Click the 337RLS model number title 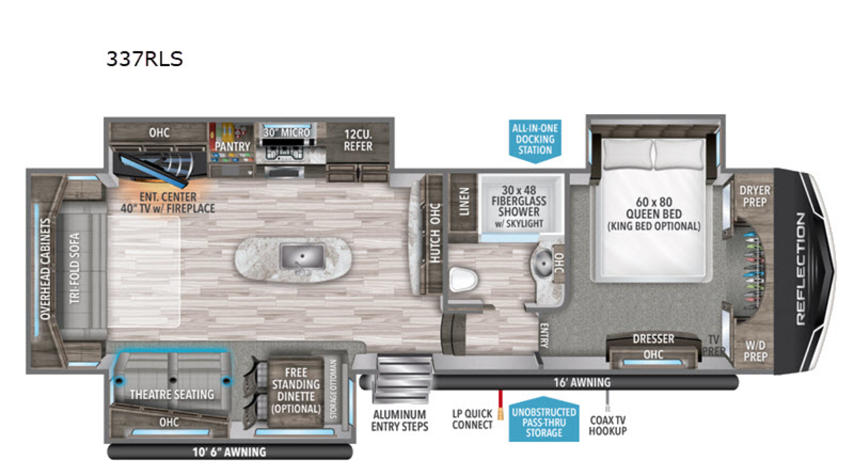(144, 59)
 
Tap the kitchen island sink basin (302, 257)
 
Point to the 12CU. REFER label (358, 140)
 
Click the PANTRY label (232, 147)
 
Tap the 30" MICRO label (287, 132)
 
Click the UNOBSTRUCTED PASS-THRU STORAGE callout (544, 421)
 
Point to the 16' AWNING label (582, 382)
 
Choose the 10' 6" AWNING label (229, 452)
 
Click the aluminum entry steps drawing (402, 379)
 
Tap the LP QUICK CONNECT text (473, 419)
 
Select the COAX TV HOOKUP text (608, 425)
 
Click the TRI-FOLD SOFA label (75, 268)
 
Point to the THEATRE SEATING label (172, 394)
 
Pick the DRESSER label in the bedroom (653, 339)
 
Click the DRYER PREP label (755, 196)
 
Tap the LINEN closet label (464, 201)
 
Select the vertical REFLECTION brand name (801, 269)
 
